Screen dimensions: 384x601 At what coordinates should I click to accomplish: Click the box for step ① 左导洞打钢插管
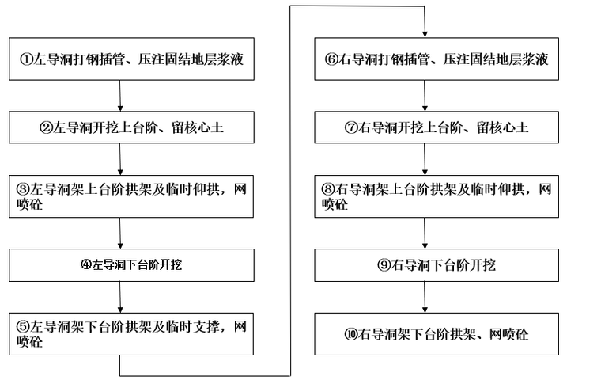coord(132,59)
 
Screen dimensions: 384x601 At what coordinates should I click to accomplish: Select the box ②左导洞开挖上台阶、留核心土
coord(132,127)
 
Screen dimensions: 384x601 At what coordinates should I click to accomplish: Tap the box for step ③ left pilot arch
coord(132,196)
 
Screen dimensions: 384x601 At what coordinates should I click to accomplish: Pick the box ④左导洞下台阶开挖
coord(132,265)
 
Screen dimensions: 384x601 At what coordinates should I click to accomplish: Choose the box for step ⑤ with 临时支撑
coord(132,334)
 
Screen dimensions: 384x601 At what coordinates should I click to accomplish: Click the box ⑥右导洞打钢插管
coord(437,59)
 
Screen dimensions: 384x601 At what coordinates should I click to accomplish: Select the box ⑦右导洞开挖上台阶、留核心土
coord(437,127)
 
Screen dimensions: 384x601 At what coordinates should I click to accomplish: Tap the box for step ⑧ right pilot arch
coord(437,196)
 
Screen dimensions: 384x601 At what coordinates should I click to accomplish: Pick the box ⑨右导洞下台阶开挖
coord(437,265)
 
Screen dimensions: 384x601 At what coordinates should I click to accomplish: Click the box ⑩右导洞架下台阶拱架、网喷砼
coord(437,334)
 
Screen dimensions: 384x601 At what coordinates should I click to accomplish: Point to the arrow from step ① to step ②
coord(120,96)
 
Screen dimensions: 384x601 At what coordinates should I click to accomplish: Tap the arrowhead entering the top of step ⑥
coord(425,32)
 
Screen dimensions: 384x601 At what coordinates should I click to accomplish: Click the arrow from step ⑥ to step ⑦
coord(425,96)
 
